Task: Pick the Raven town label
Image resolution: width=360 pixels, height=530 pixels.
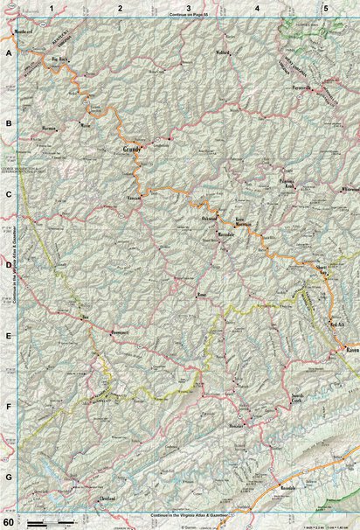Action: (352, 350)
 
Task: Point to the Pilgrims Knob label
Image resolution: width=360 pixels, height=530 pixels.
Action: (287, 185)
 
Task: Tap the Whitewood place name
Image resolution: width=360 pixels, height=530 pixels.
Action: (350, 188)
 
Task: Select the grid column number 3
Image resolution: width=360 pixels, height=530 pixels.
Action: (188, 8)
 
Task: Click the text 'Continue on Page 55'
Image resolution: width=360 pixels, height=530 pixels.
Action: (188, 17)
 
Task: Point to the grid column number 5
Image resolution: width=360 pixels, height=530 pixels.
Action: (325, 8)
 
